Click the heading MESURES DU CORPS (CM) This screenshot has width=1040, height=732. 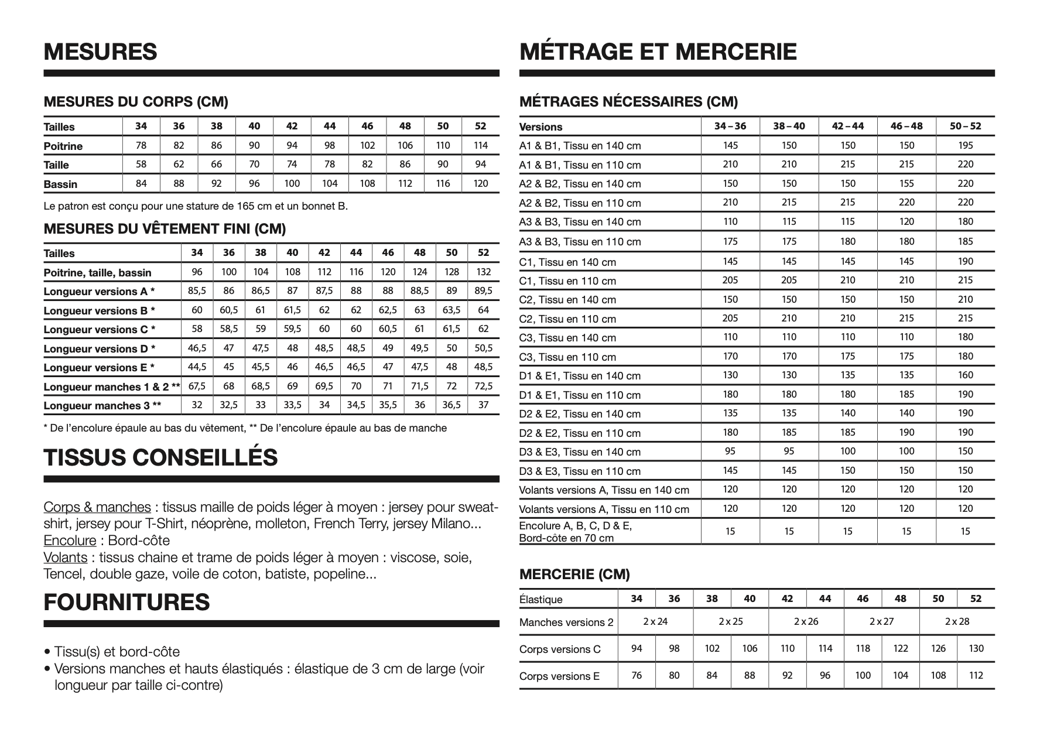point(136,102)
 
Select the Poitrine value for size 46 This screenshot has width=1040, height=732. point(367,145)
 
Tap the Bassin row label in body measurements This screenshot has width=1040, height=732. point(60,184)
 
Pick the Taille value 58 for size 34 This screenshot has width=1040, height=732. point(141,165)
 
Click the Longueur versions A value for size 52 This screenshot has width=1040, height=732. point(483,291)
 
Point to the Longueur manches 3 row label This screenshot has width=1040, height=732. point(102,406)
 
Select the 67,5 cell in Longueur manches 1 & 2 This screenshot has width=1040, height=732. point(197,386)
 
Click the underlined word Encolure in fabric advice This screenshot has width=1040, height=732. point(70,541)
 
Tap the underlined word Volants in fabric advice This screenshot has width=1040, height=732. point(65,557)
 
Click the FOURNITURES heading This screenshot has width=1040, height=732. point(126,603)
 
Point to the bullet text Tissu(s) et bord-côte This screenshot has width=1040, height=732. point(117,652)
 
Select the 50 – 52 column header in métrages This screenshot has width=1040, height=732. point(965,126)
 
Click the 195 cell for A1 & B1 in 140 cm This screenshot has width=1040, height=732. point(965,145)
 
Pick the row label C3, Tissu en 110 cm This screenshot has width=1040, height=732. point(567,357)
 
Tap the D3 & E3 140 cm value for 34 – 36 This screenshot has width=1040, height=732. point(730,451)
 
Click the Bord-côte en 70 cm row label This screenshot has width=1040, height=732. point(566,538)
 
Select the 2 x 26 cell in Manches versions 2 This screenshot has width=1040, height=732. point(806,621)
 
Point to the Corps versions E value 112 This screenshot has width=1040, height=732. point(976,676)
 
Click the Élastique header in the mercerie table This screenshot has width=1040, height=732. point(540,600)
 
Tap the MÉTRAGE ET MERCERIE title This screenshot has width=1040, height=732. point(658,52)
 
